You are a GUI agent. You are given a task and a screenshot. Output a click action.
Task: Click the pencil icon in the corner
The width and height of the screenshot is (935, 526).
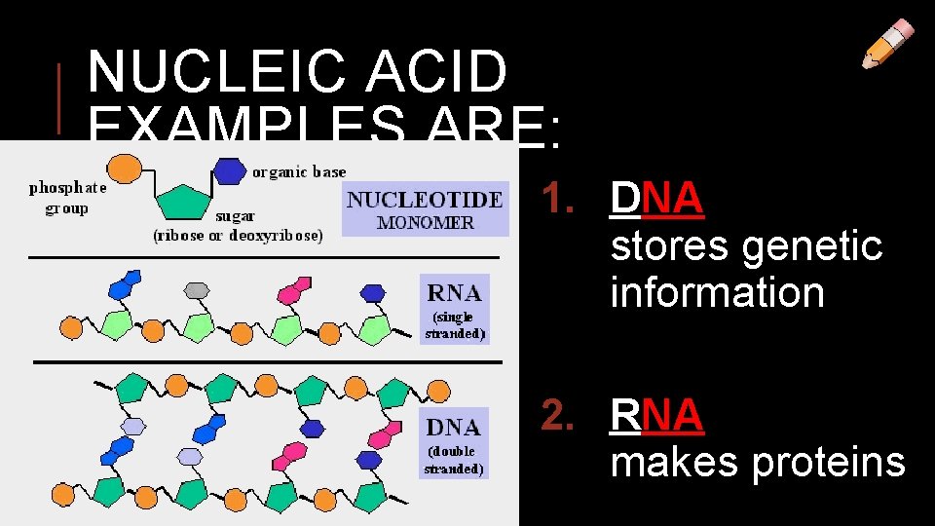(x=888, y=45)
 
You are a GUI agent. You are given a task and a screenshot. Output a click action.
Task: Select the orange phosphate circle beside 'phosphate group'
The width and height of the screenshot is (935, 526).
(x=122, y=169)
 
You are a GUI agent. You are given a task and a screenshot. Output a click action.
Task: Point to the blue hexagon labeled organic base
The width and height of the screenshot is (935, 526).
(x=229, y=171)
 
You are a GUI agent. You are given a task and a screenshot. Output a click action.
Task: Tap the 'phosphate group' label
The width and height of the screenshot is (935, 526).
(x=67, y=198)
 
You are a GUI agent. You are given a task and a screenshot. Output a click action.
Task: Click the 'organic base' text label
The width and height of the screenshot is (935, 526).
(x=299, y=172)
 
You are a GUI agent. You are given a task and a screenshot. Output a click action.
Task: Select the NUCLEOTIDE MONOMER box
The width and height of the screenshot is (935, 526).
(x=426, y=209)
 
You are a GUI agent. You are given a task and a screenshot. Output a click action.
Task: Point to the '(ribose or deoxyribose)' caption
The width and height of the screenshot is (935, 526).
(x=238, y=235)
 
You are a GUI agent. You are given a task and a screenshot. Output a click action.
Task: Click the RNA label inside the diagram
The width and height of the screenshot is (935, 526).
(x=454, y=292)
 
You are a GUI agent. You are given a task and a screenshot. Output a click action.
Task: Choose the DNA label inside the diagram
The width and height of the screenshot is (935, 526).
(x=453, y=427)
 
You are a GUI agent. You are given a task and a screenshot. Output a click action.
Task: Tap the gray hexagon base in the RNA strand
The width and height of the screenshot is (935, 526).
(x=198, y=289)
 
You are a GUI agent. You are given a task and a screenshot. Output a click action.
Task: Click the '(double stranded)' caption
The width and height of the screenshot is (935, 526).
(x=454, y=460)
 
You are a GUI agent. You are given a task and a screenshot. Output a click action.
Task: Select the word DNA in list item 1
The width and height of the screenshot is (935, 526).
(x=656, y=200)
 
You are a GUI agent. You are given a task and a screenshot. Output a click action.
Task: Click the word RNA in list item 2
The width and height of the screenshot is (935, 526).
(x=656, y=416)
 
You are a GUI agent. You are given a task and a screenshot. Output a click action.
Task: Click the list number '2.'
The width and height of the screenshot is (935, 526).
(x=566, y=416)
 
